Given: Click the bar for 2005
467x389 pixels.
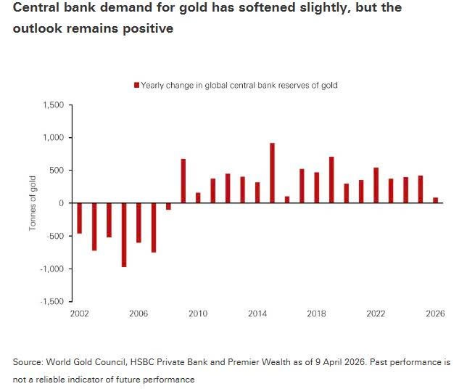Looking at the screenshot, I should (x=124, y=235).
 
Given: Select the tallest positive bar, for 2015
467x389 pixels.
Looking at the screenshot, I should (x=272, y=173).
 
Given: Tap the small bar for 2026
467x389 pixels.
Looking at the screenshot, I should (x=435, y=200).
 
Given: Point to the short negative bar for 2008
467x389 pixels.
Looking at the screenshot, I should (x=168, y=206).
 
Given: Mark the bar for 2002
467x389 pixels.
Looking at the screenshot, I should (x=79, y=218).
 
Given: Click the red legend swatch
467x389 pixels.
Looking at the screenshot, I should (x=136, y=86).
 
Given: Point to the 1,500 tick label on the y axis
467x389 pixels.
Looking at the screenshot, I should (x=54, y=105).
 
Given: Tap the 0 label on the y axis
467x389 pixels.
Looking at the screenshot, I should (x=62, y=203).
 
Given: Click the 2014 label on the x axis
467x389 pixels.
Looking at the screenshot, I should (x=257, y=314).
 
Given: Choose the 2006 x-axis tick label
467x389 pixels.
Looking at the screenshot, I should (x=139, y=314).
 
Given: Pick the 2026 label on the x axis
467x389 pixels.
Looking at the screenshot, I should (x=434, y=314).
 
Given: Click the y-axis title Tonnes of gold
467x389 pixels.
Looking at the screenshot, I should (x=33, y=203).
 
